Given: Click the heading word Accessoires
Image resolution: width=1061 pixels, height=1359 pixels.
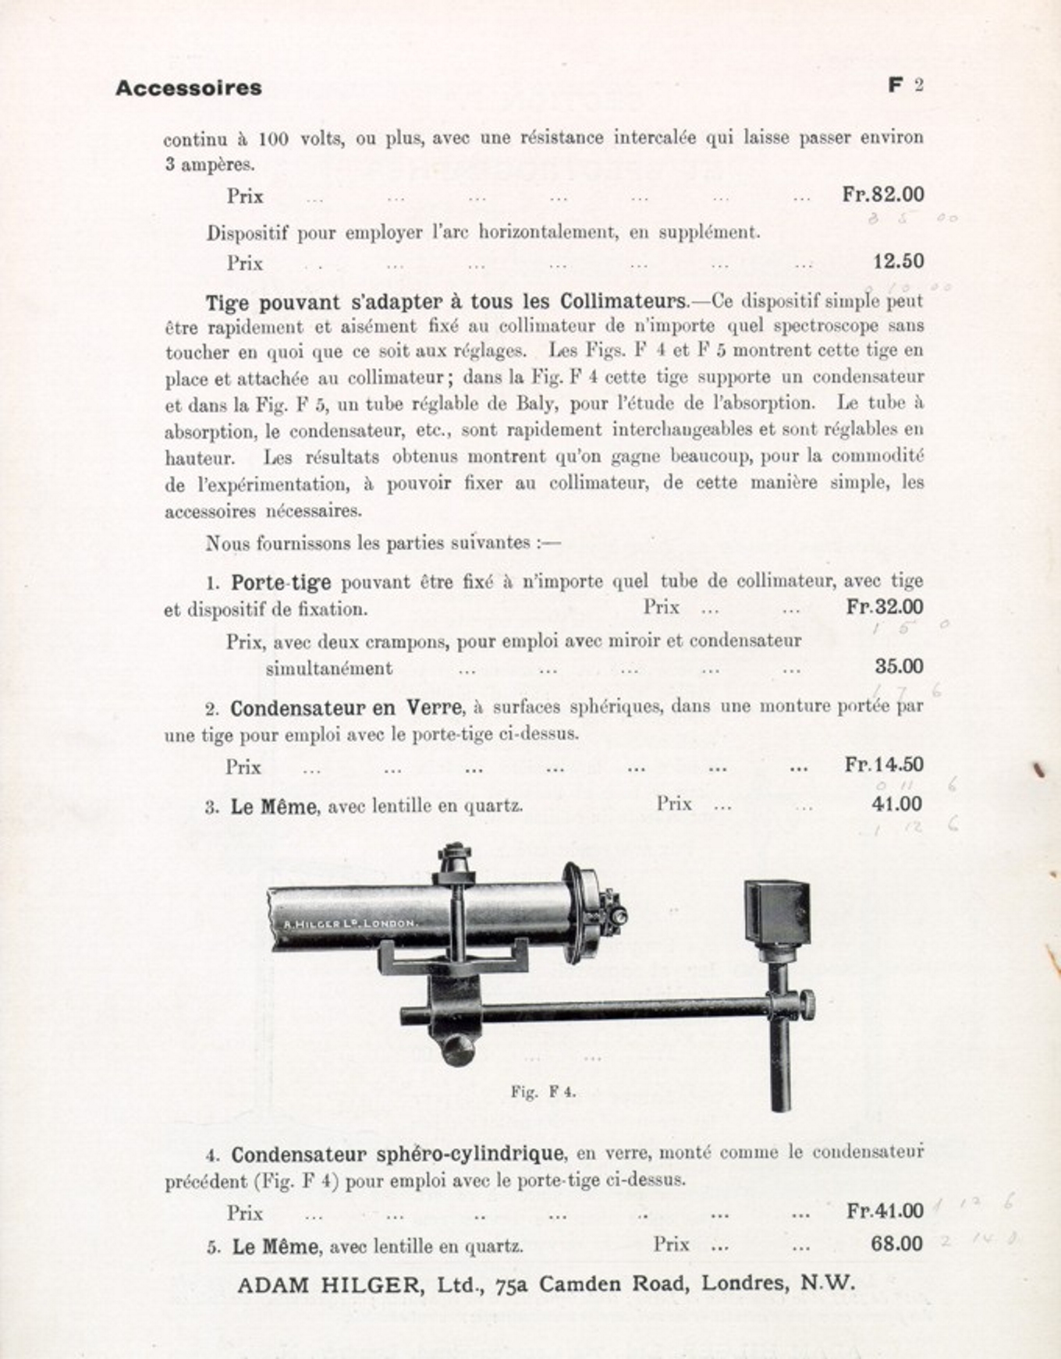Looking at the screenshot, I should (x=188, y=87).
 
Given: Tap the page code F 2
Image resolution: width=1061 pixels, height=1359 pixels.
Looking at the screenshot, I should (x=905, y=85).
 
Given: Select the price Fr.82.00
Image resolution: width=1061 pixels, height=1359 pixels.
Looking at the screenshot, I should (x=882, y=194).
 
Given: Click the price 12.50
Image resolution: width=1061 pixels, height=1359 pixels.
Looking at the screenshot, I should (x=898, y=261).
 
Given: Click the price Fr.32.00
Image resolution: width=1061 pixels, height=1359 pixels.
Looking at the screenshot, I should (x=885, y=606).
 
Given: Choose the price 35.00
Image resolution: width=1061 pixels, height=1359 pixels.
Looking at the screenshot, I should (x=899, y=666).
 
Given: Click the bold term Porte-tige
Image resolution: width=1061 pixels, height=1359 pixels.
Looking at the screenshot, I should (x=281, y=583).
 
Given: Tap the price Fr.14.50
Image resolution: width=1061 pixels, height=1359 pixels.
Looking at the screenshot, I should (x=884, y=765).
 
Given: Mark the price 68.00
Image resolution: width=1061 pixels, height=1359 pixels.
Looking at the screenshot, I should (x=896, y=1244).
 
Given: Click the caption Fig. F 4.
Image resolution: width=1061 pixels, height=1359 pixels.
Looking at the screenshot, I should (x=543, y=1092).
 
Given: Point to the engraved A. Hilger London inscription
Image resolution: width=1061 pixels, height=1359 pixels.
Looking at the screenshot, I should (x=351, y=924).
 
